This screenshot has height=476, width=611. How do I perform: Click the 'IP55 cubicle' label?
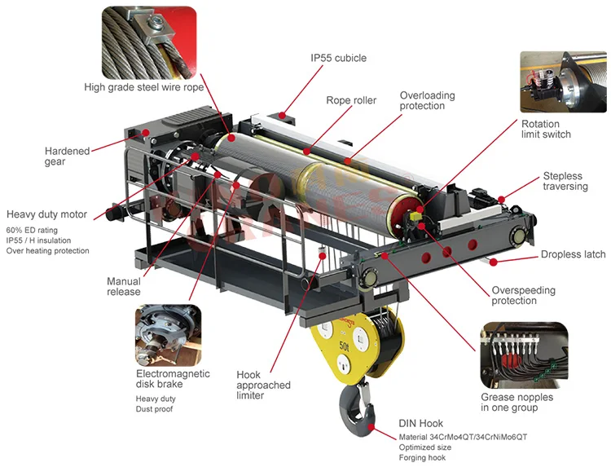pos(338,58)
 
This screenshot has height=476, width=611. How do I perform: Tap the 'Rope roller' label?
pos(351,101)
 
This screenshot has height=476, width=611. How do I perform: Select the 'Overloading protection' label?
pos(427,101)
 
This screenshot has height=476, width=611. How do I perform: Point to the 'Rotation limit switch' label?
pos(546,129)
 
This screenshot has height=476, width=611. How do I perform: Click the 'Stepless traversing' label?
pos(565,181)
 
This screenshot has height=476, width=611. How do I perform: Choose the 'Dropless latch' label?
pos(573,254)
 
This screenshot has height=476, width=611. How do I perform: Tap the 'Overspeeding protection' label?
pos(524,296)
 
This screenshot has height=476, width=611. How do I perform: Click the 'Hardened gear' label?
pos(67,156)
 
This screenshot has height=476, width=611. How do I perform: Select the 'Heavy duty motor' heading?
pos(46,214)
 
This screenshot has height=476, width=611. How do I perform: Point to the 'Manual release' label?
pos(123,286)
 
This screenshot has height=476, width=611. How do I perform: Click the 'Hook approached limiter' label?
pos(263,385)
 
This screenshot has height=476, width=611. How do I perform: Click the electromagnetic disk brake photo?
pos(168,335)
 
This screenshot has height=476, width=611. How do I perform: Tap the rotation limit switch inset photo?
pos(563,82)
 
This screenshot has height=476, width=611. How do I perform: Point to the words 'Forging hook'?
pos(422,458)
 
